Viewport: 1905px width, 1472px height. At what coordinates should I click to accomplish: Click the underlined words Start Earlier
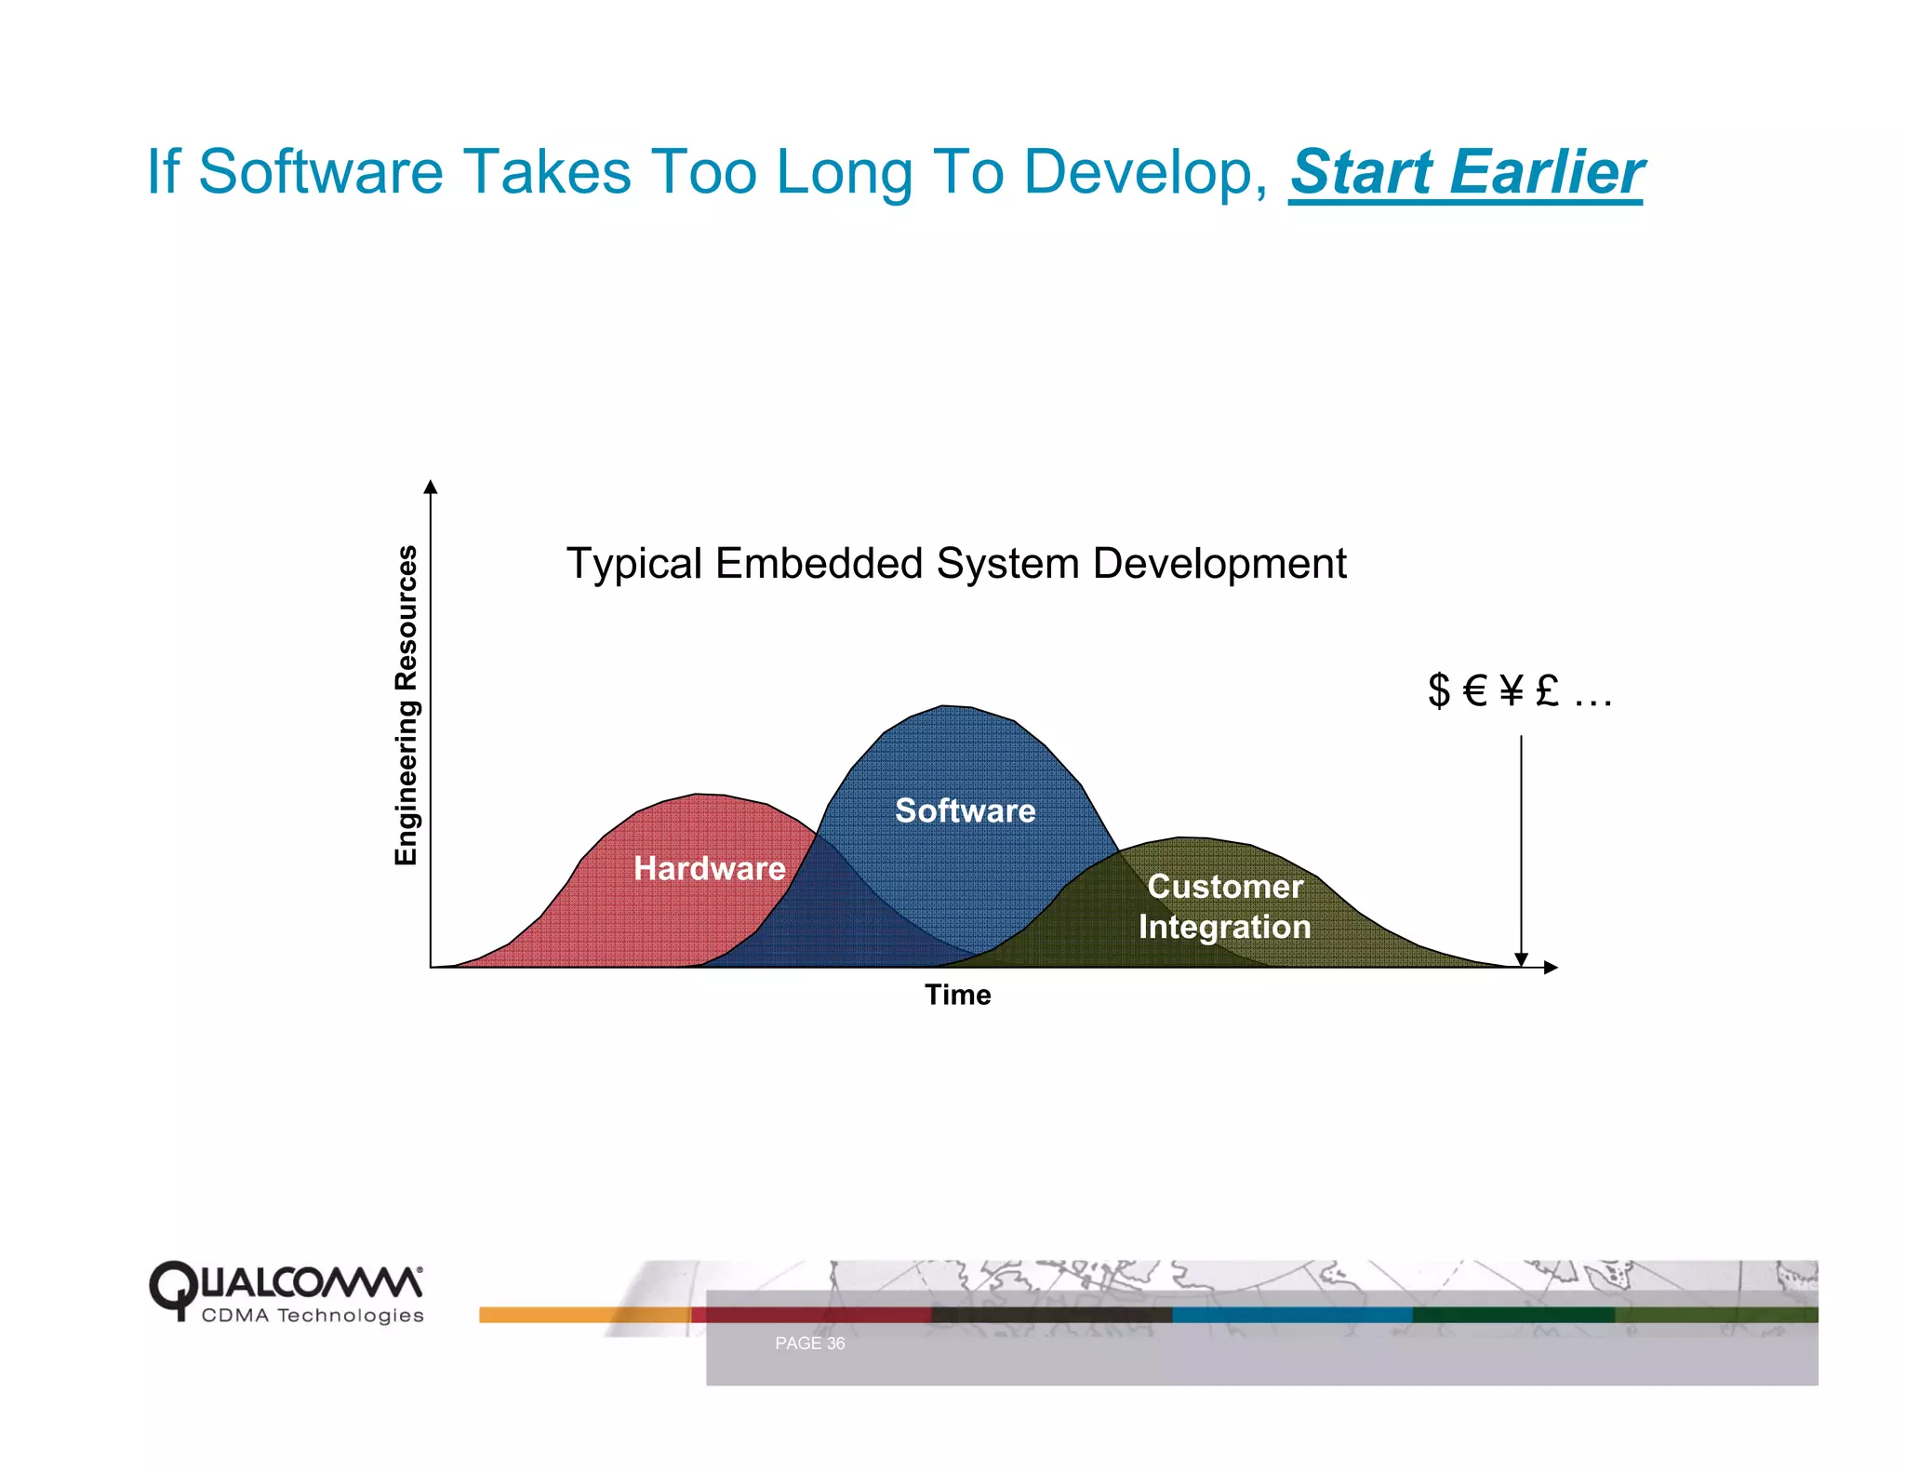click(x=1466, y=172)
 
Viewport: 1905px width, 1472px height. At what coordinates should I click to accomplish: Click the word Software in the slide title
click(x=321, y=172)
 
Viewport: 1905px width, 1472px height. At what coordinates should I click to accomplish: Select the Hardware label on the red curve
click(x=709, y=868)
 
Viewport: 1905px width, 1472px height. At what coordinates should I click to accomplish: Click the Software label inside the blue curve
click(x=965, y=810)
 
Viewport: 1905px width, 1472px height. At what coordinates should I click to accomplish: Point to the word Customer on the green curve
click(x=1224, y=886)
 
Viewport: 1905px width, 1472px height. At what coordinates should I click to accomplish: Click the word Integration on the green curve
click(x=1224, y=927)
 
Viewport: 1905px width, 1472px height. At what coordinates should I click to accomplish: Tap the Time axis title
click(x=957, y=995)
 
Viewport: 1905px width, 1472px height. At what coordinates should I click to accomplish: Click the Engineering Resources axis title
click(x=406, y=705)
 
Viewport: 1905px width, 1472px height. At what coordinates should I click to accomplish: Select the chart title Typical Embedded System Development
click(x=956, y=563)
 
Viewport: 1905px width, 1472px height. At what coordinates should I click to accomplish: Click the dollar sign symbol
click(x=1438, y=690)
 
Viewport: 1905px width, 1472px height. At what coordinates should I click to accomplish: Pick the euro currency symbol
click(x=1475, y=690)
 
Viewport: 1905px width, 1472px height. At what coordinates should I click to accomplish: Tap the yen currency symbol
click(x=1512, y=690)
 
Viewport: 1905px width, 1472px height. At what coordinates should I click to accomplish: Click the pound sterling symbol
click(x=1547, y=690)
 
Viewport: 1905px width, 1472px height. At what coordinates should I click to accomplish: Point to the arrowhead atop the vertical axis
click(x=430, y=487)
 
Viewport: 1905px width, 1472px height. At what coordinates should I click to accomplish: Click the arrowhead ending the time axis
click(x=1550, y=968)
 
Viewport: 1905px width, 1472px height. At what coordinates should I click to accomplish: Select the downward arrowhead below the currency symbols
click(x=1521, y=959)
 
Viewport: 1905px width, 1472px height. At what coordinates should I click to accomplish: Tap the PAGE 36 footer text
click(x=809, y=1343)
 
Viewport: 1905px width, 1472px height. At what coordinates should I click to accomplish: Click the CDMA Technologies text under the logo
click(x=313, y=1316)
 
